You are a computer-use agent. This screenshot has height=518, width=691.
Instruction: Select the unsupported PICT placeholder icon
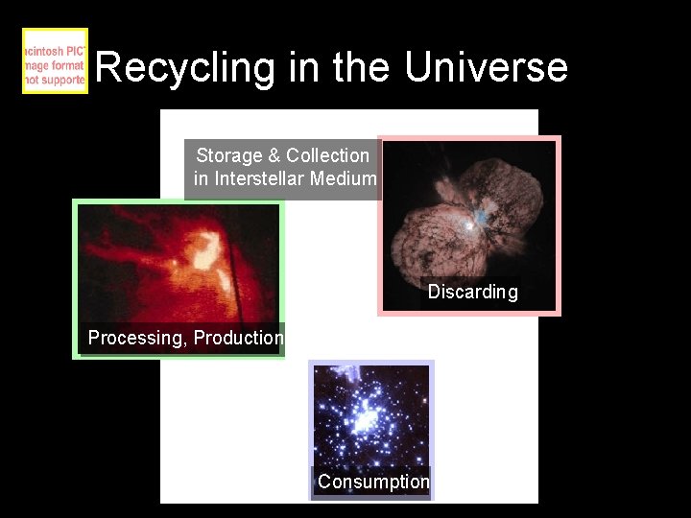[x=55, y=61]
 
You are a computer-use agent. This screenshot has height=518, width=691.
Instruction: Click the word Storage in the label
[x=229, y=155]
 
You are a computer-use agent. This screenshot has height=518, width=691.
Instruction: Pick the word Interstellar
[x=266, y=178]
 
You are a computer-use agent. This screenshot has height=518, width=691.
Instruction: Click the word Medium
[x=349, y=178]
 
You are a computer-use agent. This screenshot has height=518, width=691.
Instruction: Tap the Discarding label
[x=472, y=292]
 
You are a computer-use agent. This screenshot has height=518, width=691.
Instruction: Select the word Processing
[x=135, y=338]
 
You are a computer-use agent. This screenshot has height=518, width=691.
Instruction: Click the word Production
[x=239, y=338]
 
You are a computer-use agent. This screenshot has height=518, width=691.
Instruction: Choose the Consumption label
[x=373, y=482]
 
